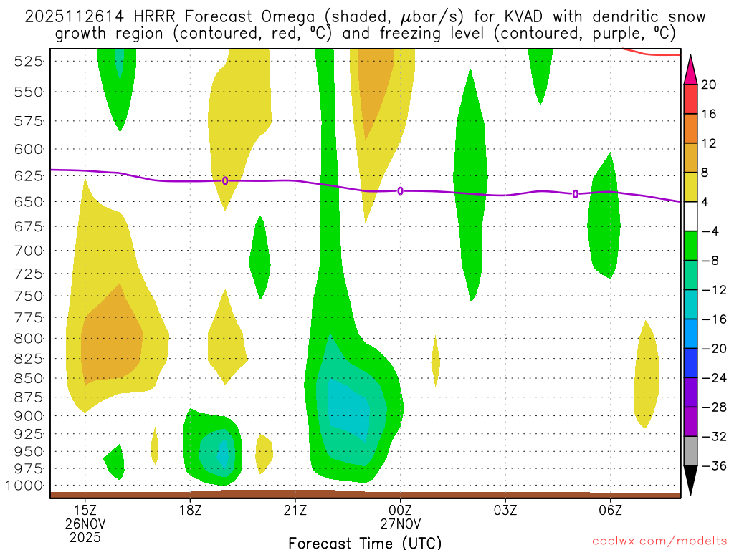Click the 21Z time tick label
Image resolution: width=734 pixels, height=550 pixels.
pos(295,511)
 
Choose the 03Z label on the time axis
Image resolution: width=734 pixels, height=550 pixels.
pos(505,511)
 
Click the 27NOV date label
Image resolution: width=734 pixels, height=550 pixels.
pos(400,524)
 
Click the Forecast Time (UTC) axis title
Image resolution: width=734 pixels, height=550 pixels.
pos(365,542)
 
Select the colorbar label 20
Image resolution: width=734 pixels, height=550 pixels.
pos(709,85)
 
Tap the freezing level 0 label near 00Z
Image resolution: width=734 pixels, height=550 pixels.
pos(400,190)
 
